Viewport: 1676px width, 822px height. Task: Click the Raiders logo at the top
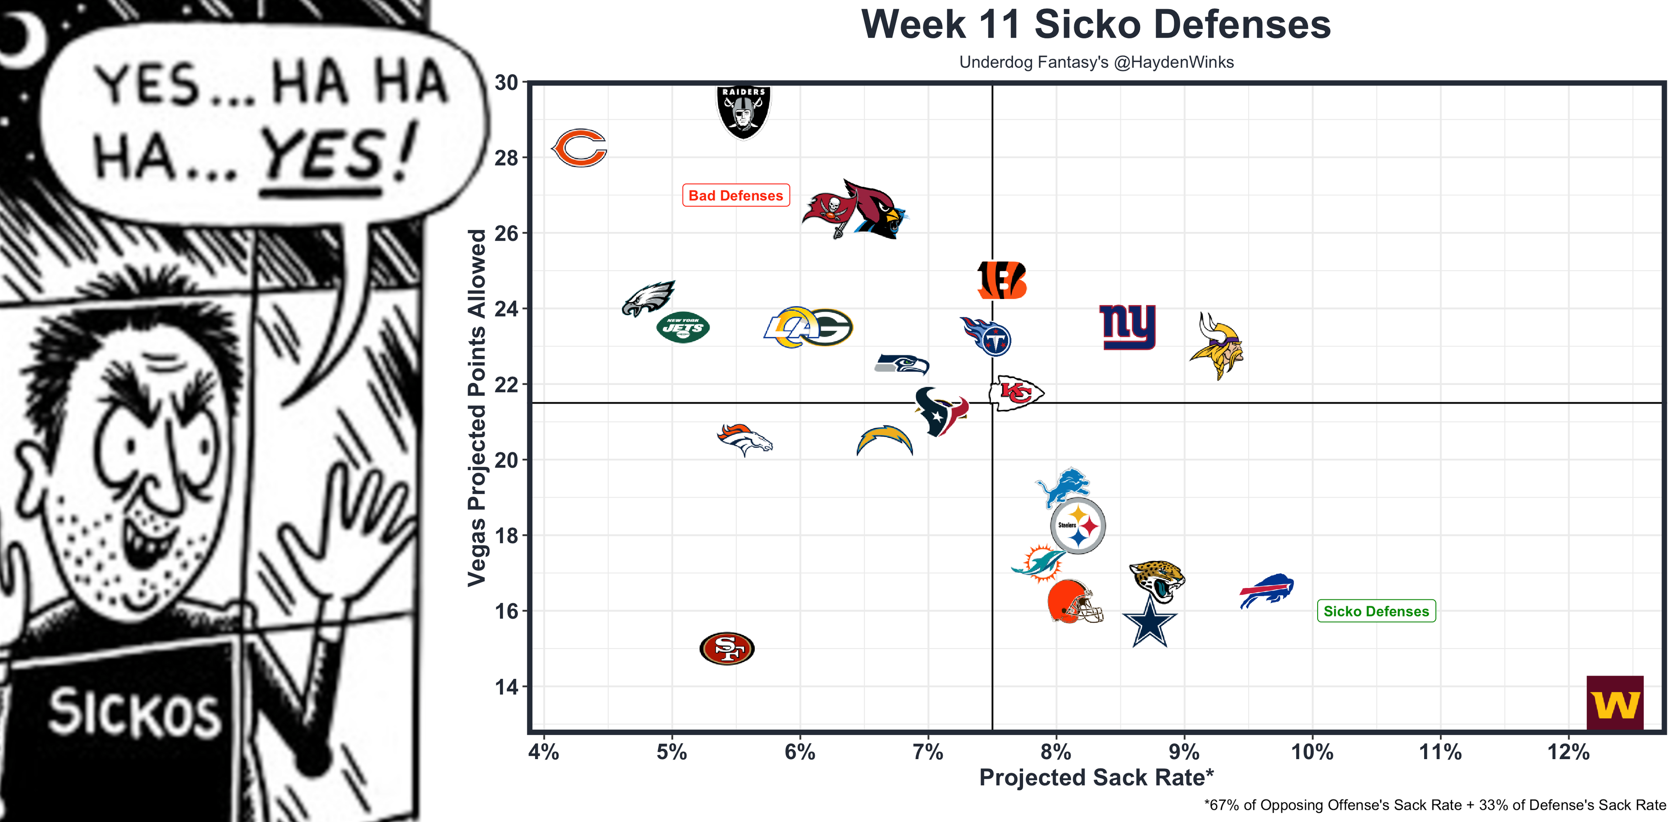pyautogui.click(x=743, y=111)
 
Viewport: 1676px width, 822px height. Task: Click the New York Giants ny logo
pyautogui.click(x=1127, y=327)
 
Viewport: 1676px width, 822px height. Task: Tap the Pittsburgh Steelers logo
pyautogui.click(x=1078, y=526)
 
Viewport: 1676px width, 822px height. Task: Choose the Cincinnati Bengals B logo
pyautogui.click(x=1002, y=281)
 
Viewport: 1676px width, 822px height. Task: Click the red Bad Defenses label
pyautogui.click(x=736, y=195)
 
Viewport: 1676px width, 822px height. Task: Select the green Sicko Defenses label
pyautogui.click(x=1376, y=611)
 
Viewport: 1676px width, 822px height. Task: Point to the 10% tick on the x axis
pyautogui.click(x=1312, y=752)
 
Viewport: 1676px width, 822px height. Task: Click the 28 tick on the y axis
pyautogui.click(x=506, y=158)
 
